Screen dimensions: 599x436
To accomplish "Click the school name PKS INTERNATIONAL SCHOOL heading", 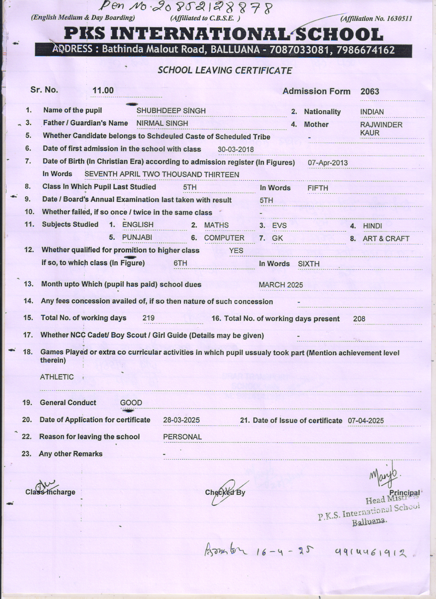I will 224,34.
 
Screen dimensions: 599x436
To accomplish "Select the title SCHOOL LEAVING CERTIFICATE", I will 225,71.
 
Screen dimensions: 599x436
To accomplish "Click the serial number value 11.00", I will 103,90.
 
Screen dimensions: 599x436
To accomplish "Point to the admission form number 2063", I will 370,92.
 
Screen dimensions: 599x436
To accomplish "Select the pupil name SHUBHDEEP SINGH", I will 171,111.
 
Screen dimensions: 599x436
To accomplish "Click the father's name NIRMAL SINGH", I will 162,123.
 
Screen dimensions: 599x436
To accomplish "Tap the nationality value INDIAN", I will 372,112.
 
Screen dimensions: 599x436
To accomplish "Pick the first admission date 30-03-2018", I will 236,150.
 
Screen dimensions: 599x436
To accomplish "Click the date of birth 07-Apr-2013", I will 328,163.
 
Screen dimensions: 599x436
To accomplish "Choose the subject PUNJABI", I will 137,238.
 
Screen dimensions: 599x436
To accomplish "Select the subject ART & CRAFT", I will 386,239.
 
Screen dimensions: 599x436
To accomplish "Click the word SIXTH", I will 308,264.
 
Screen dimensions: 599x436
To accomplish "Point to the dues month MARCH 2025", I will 281,285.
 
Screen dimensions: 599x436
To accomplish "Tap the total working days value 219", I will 148,318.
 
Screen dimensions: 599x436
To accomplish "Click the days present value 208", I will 359,319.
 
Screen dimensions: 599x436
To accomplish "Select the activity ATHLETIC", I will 57,377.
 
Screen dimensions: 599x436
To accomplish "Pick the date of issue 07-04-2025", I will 366,421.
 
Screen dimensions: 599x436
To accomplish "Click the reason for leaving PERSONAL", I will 182,437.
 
